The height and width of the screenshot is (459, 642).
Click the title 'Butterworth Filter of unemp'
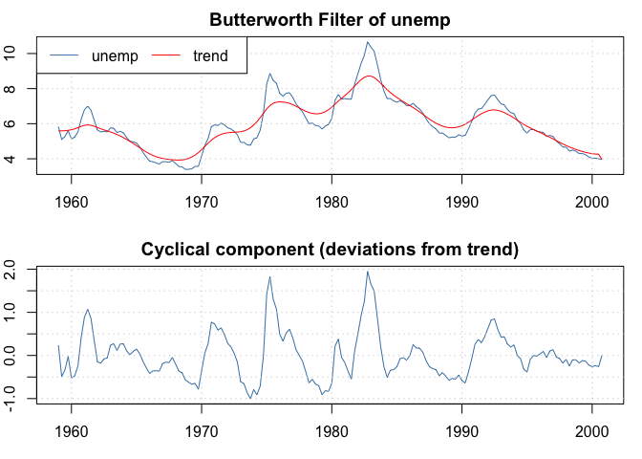coord(330,20)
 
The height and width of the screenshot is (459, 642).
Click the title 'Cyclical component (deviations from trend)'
coord(330,250)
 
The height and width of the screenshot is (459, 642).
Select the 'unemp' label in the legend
coord(115,55)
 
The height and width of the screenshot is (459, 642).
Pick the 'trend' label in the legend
coord(210,55)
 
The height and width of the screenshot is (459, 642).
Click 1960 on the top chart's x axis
coord(71,203)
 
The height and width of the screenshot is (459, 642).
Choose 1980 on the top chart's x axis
coord(332,203)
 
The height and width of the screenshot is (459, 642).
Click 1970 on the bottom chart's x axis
coord(202,432)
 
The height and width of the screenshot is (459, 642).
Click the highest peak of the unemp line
coord(367,42)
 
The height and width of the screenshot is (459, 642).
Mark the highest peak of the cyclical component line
coord(367,272)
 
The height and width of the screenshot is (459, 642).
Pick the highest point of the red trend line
coord(370,76)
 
